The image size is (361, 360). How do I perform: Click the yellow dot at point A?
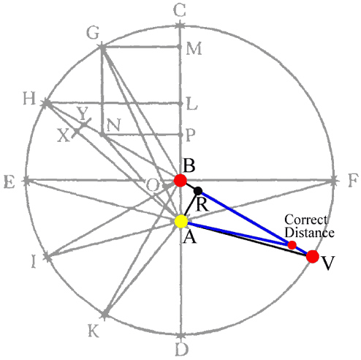coord(181,222)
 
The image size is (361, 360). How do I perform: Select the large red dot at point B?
coord(180,181)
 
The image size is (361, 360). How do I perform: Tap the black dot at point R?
coord(198,191)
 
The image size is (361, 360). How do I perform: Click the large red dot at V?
coord(313,256)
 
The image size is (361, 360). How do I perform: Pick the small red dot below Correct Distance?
coord(292,245)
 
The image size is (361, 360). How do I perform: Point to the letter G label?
coord(93,33)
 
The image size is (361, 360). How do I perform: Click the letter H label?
coord(29,98)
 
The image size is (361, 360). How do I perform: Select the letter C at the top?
coord(180,10)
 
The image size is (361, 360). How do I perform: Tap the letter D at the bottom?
coord(182,349)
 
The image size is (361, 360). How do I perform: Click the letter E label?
coord(9,181)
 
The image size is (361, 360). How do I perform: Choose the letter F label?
coord(353,180)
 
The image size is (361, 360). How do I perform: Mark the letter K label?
coord(94,331)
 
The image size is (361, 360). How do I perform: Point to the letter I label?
coord(34,262)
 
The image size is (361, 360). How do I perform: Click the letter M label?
coord(194,48)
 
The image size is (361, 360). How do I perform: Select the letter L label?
coord(191,104)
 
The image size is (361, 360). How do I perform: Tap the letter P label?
coord(190,135)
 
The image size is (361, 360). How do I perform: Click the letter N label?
coord(113,125)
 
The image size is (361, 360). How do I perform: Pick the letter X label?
coord(64,135)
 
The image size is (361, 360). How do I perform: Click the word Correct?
coord(306,220)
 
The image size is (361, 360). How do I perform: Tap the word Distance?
coord(309,232)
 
